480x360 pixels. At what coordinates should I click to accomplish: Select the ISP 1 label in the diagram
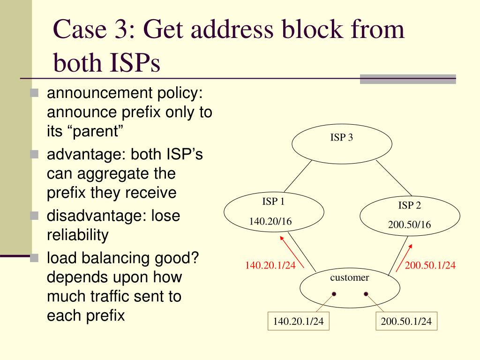(x=273, y=202)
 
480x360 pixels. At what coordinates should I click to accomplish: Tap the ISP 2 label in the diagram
(x=410, y=205)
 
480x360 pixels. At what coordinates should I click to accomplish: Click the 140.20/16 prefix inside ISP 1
(x=270, y=221)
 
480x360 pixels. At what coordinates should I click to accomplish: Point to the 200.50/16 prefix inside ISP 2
(x=409, y=225)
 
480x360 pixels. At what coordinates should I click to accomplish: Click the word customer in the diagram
(x=350, y=277)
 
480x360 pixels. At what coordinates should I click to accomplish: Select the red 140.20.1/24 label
(x=270, y=265)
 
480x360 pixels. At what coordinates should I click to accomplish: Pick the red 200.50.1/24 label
(x=430, y=265)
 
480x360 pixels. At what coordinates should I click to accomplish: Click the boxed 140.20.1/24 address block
(x=299, y=322)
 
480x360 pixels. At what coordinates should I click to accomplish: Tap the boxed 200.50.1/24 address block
(x=406, y=322)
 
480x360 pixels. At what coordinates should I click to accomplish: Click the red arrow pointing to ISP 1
(x=292, y=251)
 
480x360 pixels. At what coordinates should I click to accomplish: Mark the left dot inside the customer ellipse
(x=334, y=294)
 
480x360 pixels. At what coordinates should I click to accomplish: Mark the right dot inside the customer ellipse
(x=366, y=294)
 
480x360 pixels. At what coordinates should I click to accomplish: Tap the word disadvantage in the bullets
(x=90, y=217)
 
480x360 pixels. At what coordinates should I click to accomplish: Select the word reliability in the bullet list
(x=77, y=235)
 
